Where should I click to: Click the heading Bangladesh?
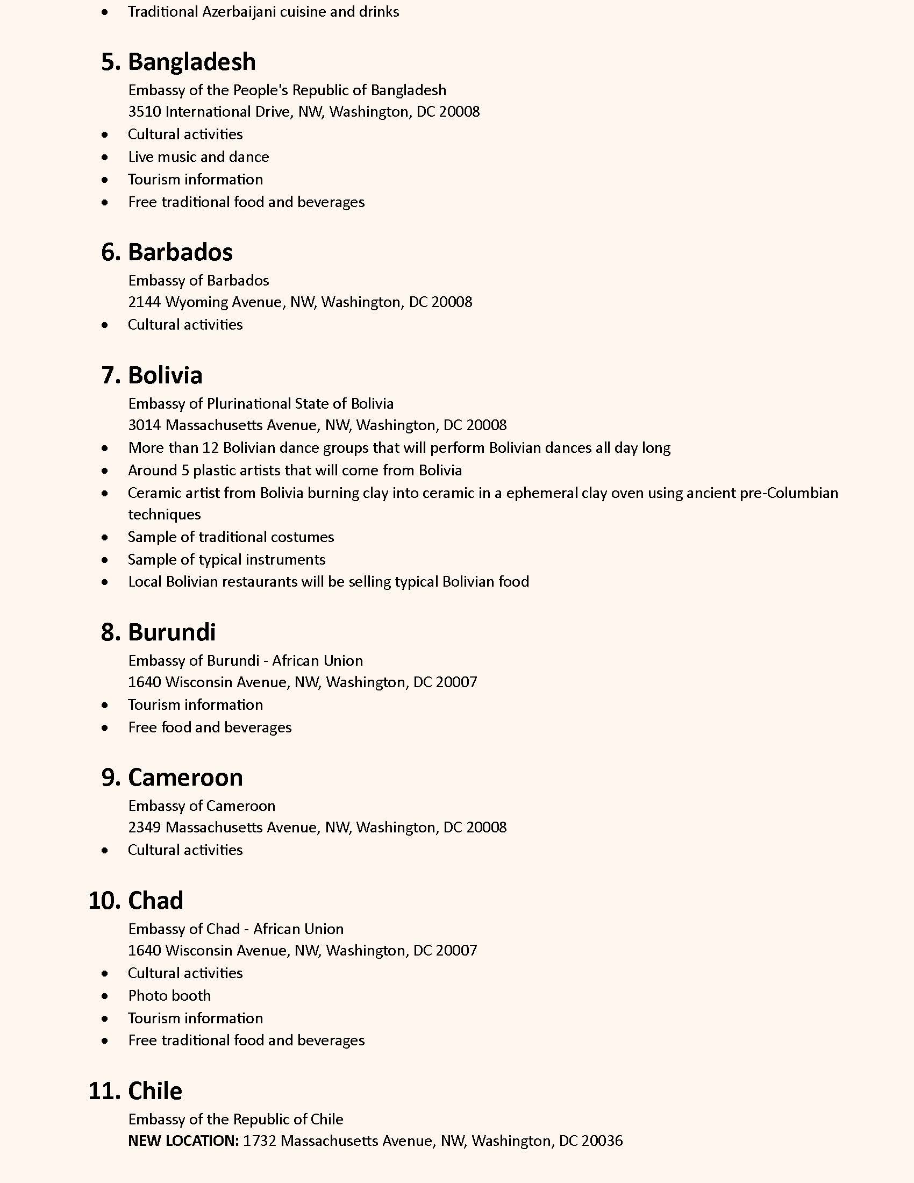[x=192, y=62]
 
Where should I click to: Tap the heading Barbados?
[x=180, y=252]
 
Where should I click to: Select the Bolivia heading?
[x=165, y=375]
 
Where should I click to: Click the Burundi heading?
[x=172, y=632]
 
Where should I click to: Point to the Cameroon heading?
[x=185, y=778]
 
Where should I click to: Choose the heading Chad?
[x=155, y=901]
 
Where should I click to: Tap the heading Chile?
[x=155, y=1091]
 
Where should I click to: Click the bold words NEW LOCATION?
[x=183, y=1141]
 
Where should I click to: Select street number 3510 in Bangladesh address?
[x=145, y=112]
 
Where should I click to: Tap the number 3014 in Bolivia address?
[x=145, y=425]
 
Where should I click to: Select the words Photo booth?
[x=169, y=995]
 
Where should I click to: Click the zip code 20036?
[x=602, y=1141]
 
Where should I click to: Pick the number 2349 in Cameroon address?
[x=145, y=827]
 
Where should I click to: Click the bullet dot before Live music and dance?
[x=105, y=157]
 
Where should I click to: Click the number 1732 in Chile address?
[x=259, y=1141]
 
